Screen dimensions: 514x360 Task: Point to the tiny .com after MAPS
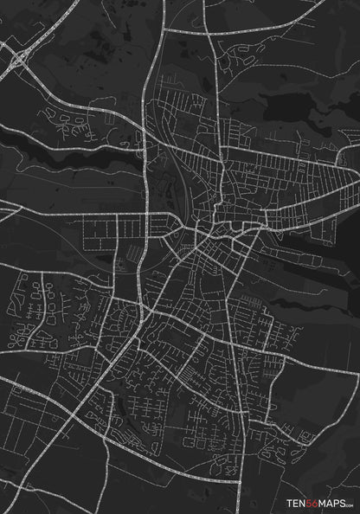(348, 502)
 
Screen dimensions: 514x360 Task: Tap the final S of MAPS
(340, 500)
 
